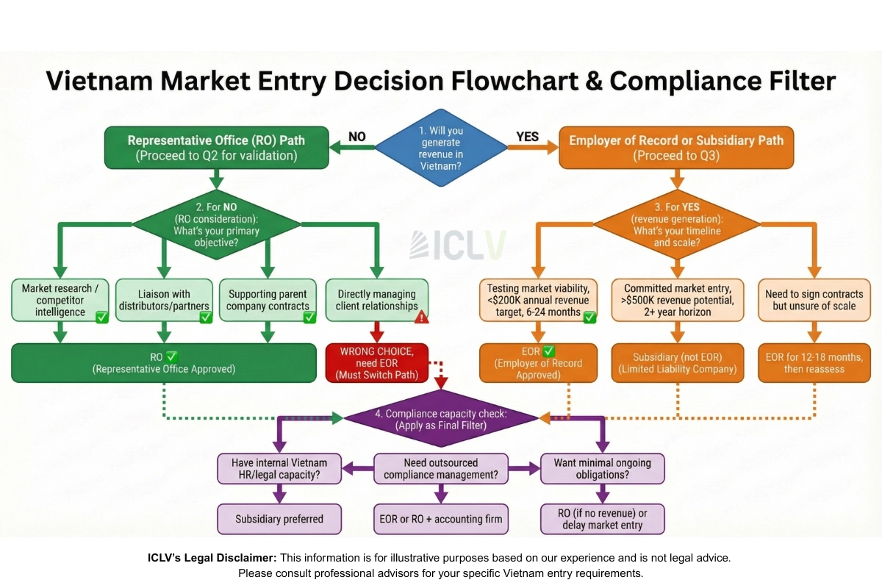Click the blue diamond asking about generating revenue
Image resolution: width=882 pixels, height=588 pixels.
pos(441,148)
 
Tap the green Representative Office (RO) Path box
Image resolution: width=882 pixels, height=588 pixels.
pos(216,148)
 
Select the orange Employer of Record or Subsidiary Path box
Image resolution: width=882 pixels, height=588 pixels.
pos(676,148)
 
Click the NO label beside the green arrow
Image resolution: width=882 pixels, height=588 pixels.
pos(356,137)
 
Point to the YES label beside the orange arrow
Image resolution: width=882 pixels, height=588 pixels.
pos(528,137)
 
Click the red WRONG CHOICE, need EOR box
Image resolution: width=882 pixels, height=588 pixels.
pos(376,363)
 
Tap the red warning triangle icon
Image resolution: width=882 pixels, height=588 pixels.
pos(422,317)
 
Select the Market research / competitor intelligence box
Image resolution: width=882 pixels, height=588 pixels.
pos(61,300)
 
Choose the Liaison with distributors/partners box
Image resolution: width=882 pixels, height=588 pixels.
pos(164,300)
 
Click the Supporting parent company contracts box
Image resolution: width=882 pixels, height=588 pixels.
pos(268,300)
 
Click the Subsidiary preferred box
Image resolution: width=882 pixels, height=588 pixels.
pos(279,519)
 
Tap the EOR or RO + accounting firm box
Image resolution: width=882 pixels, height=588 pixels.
pos(441,519)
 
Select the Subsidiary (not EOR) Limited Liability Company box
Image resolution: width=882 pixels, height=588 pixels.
pos(678,363)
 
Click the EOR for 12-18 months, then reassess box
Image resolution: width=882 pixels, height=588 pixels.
pos(814,363)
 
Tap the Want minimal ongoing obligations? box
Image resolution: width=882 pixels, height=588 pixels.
pos(602,469)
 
